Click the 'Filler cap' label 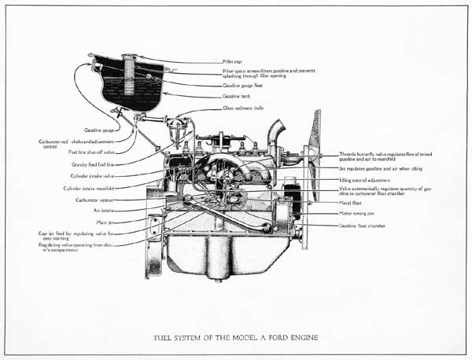[232, 61]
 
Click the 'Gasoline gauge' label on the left [98, 130]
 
